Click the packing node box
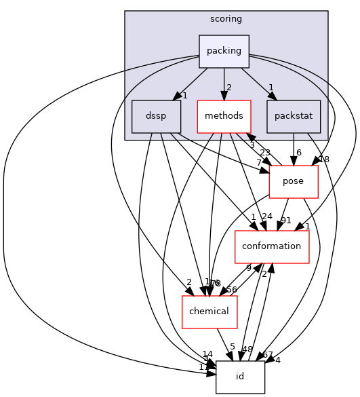[x=224, y=52]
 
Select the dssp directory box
[x=157, y=116]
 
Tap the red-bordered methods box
[x=224, y=116]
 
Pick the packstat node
[x=294, y=116]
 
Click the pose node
[x=294, y=181]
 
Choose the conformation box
[x=272, y=246]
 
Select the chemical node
[x=209, y=311]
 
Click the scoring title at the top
[x=226, y=18]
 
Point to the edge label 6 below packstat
[x=299, y=153]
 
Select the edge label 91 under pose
[x=286, y=220]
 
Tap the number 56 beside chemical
[x=231, y=290]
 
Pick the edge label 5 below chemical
[x=232, y=346]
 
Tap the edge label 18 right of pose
[x=323, y=159]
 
